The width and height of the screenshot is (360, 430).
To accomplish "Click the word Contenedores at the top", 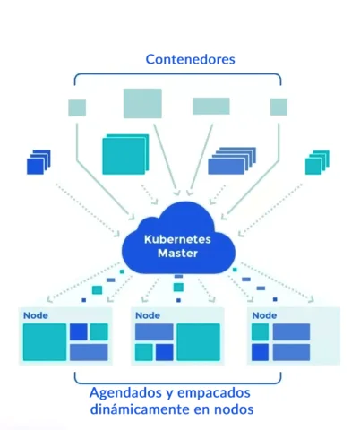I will coord(190,60).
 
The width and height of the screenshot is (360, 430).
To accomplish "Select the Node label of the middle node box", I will coord(149,315).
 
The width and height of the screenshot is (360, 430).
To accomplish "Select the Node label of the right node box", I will coord(264,315).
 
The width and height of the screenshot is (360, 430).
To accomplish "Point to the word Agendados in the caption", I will coord(124,392).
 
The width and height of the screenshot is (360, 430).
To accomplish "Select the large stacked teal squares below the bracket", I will coord(124,154).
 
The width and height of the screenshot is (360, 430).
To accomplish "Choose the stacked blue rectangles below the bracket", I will coord(232,160).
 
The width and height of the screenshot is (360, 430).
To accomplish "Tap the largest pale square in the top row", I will coord(142,103).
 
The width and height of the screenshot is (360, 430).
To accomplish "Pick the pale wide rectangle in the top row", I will coord(210,106).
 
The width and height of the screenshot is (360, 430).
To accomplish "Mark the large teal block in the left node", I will coord(44,342).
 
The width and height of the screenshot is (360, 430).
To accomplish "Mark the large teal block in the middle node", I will coord(198,342).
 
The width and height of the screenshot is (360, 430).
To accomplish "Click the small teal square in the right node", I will coord(260,332).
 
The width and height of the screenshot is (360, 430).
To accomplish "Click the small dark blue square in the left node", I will coord(79,331).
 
